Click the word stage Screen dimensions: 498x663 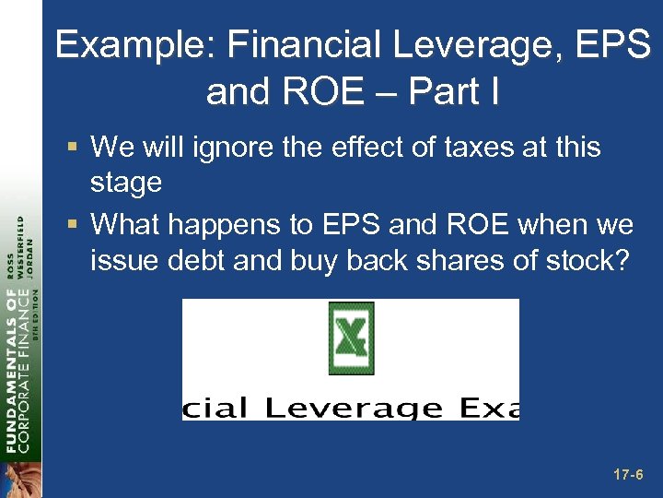(126, 183)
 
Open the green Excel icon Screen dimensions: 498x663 (351, 338)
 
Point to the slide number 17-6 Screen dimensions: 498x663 (628, 475)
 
